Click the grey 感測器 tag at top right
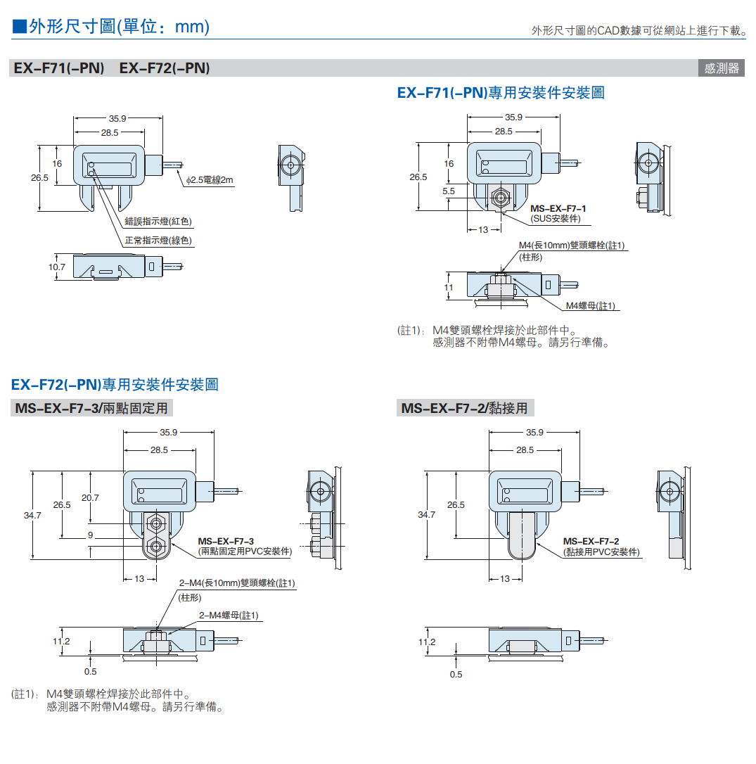click(722, 68)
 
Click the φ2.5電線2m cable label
click(210, 180)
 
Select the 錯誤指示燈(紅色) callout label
click(158, 222)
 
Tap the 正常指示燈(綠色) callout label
click(158, 241)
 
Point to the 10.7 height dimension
click(57, 267)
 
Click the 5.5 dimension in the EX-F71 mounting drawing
click(449, 191)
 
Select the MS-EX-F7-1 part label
click(558, 209)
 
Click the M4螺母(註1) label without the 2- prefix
click(591, 305)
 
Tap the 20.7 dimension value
click(90, 498)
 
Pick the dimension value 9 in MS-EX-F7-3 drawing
click(90, 536)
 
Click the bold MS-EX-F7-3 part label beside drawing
click(226, 540)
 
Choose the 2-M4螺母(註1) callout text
click(229, 616)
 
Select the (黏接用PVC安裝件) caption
click(601, 552)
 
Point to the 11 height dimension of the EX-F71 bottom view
click(449, 288)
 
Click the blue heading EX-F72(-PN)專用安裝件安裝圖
click(115, 385)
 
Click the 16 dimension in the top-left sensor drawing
click(57, 163)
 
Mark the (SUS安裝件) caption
click(556, 219)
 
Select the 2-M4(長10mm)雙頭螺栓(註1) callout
click(237, 583)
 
